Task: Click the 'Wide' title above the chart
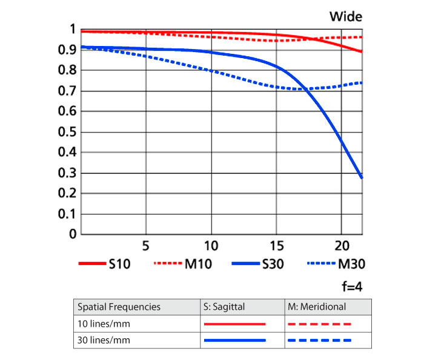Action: click(x=346, y=16)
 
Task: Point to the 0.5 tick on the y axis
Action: click(x=70, y=132)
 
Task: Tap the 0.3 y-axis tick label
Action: click(x=70, y=173)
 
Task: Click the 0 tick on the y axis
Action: click(x=73, y=234)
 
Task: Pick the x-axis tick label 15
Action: click(x=276, y=247)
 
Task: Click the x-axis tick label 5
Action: click(x=145, y=247)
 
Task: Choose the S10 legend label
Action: click(x=119, y=264)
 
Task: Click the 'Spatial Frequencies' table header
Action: click(x=118, y=307)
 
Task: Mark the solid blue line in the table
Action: click(x=235, y=341)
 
